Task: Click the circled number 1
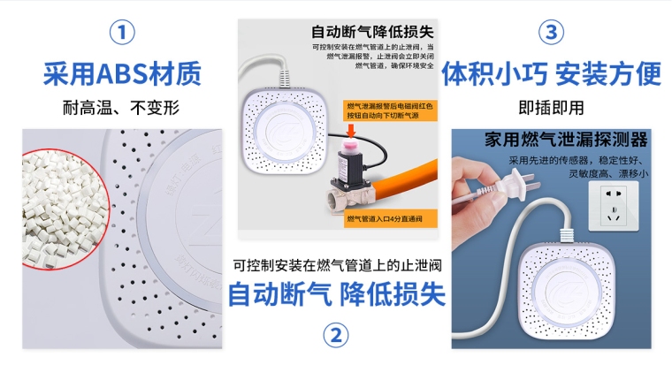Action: coord(122,33)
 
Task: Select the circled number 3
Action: coord(552,33)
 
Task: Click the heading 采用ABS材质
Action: coord(122,73)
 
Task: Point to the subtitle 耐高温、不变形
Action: coord(122,108)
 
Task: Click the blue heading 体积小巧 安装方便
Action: coord(552,73)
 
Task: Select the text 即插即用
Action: coord(552,108)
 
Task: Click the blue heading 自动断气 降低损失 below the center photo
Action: coord(336,294)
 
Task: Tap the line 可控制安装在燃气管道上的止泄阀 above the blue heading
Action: coord(336,265)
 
